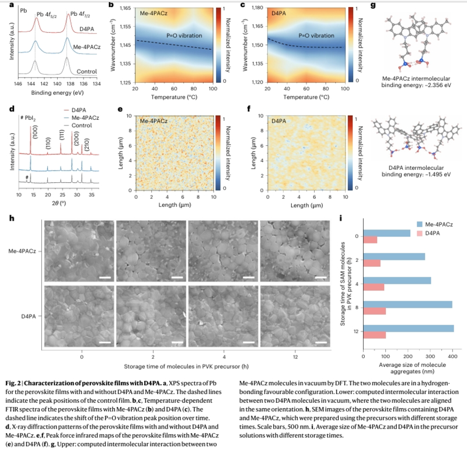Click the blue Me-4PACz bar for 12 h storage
click(409, 329)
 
